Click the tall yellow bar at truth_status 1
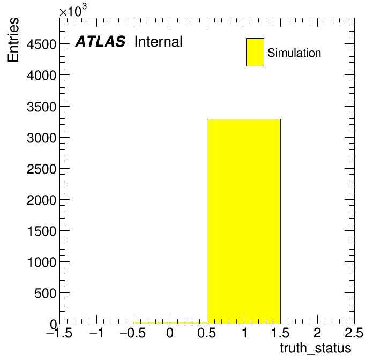[244, 221]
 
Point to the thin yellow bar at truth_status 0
[170, 323]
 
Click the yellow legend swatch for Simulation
[255, 52]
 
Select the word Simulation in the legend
[294, 53]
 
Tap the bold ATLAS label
[100, 41]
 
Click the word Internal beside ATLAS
[159, 42]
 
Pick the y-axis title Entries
[13, 40]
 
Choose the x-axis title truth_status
[316, 349]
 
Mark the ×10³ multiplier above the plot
[73, 11]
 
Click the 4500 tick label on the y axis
[41, 44]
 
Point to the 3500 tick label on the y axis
[41, 107]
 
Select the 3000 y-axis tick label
[41, 138]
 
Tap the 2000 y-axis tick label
[41, 200]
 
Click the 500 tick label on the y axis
[45, 294]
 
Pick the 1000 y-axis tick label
[42, 262]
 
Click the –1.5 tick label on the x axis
[59, 333]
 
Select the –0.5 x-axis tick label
[132, 333]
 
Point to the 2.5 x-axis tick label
[354, 333]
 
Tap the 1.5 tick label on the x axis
[280, 333]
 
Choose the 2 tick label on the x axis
[317, 333]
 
